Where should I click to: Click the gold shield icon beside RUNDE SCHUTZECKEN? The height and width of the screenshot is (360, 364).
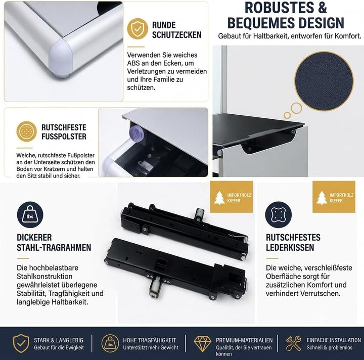(138, 29)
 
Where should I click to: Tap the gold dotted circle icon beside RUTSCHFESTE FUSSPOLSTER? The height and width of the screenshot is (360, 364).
(26, 131)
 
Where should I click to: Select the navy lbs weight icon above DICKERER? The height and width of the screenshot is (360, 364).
(30, 215)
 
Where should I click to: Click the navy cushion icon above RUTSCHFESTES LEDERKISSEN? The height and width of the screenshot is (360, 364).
(279, 215)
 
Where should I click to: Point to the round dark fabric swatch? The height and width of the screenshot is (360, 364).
(324, 81)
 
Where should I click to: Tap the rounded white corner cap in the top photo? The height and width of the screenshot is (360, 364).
(61, 58)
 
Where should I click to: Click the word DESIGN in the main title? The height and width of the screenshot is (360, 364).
(322, 23)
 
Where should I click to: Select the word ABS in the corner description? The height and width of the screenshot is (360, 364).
(133, 63)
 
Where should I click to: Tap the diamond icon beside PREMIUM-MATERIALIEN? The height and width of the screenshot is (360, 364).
(203, 343)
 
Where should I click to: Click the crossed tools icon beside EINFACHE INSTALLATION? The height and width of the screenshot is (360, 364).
(293, 343)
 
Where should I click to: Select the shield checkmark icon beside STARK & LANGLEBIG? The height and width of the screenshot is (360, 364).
(21, 343)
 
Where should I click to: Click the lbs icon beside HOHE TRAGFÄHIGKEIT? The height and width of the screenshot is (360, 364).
(110, 343)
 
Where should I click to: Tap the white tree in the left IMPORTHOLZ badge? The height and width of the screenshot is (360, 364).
(219, 198)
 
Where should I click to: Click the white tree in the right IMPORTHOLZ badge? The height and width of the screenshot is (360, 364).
(322, 198)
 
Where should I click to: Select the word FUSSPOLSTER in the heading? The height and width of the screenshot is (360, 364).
(64, 137)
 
